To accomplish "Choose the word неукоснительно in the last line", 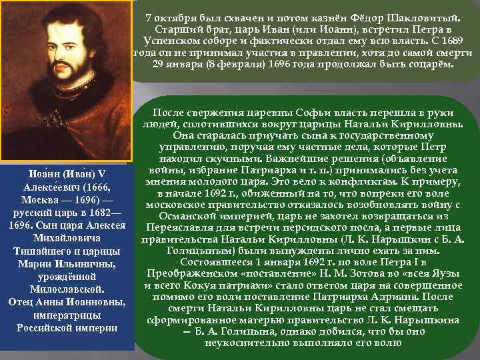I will click(x=245, y=344).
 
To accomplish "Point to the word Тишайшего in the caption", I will click(x=43, y=251).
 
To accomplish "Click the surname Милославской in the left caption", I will click(x=66, y=289).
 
